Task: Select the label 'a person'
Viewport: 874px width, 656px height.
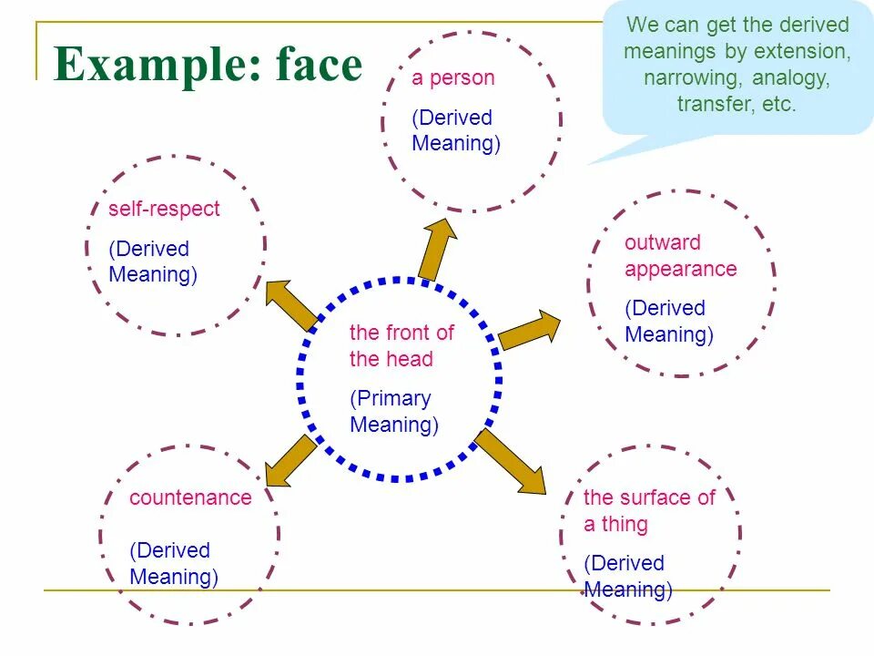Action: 453,78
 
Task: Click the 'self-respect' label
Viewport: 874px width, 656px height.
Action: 164,209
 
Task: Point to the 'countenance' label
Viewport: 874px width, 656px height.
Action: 190,497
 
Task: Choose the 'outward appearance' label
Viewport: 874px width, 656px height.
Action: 680,256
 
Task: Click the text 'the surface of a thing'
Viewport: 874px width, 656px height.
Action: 648,511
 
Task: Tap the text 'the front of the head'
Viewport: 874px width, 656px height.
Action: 401,346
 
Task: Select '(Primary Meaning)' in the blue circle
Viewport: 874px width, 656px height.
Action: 394,412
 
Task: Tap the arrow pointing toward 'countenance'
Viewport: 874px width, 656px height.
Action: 290,460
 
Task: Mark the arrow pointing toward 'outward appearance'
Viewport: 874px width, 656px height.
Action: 532,330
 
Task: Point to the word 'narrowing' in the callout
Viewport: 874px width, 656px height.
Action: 695,77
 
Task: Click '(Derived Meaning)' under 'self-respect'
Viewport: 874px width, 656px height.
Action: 152,262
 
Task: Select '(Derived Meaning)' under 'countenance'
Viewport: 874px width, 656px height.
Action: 174,564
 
